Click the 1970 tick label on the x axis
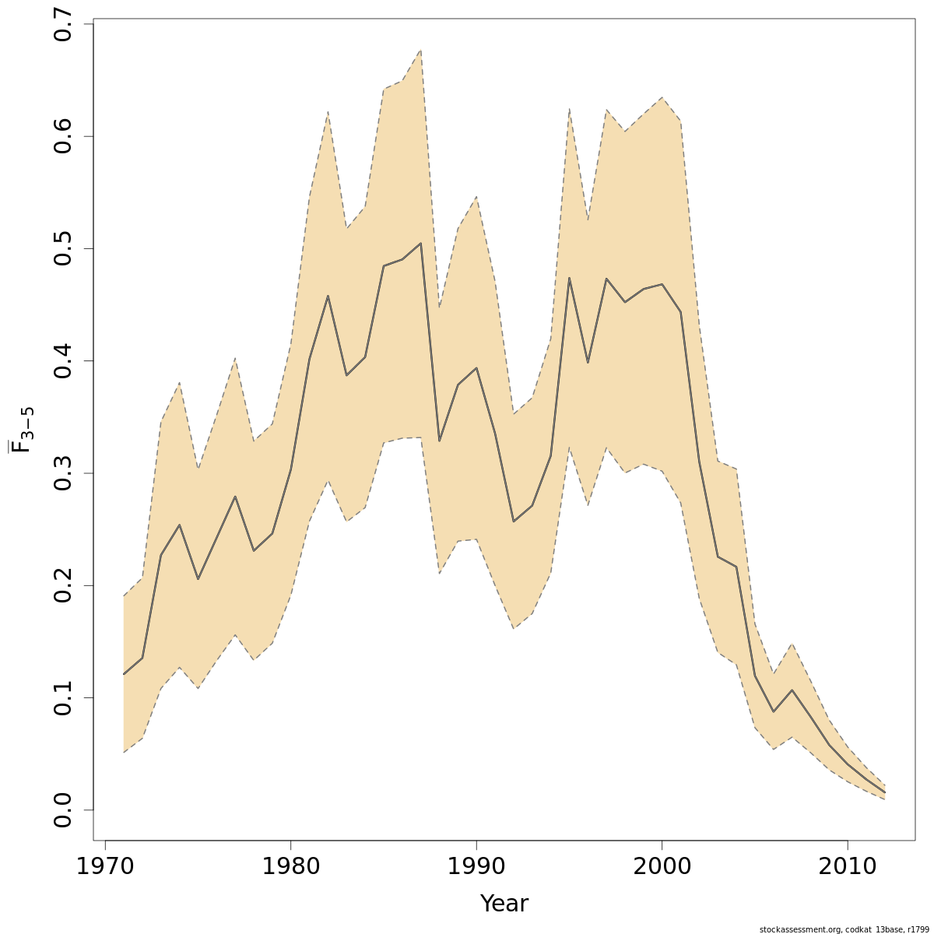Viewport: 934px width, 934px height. pyautogui.click(x=105, y=867)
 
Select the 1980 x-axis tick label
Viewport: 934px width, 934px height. pyautogui.click(x=290, y=867)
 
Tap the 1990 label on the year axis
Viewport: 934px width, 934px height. pyautogui.click(x=476, y=867)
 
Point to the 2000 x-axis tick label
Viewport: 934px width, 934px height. pyautogui.click(x=662, y=867)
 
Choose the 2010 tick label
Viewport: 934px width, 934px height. pyautogui.click(x=847, y=867)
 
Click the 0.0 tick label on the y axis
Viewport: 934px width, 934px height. pyautogui.click(x=64, y=809)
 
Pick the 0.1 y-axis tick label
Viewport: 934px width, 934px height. pyautogui.click(x=64, y=697)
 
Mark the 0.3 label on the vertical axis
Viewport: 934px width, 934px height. pyautogui.click(x=64, y=473)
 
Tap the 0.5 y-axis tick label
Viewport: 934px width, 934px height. pyautogui.click(x=64, y=248)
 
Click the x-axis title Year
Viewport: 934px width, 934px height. pyautogui.click(x=504, y=904)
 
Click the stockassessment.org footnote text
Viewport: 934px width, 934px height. pyautogui.click(x=844, y=929)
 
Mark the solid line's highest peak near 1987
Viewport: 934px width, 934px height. pyautogui.click(x=420, y=243)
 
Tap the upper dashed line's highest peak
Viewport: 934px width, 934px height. pyautogui.click(x=420, y=51)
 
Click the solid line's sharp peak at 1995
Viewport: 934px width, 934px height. pyautogui.click(x=569, y=278)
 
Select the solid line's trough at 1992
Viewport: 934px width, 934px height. pyautogui.click(x=513, y=521)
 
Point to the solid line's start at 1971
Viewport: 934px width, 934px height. pyautogui.click(x=124, y=674)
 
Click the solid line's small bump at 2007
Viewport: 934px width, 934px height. pyautogui.click(x=792, y=690)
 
